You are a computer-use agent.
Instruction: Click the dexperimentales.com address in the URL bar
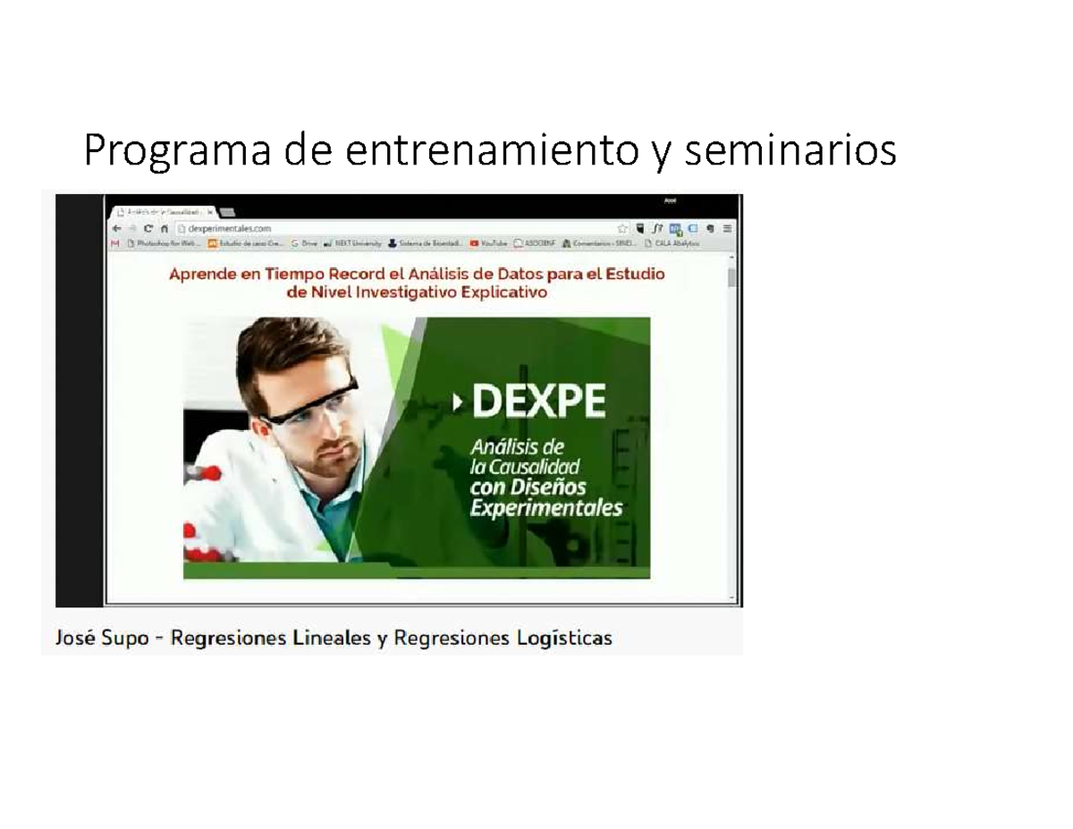224,228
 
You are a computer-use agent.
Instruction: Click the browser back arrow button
117,228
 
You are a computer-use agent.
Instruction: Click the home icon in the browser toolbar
165,228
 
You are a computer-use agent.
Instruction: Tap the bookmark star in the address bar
622,228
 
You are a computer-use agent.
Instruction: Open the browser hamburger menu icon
726,228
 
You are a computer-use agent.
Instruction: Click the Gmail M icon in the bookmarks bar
114,242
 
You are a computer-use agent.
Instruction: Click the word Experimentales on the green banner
545,508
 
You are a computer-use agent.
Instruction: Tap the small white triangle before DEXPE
459,404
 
